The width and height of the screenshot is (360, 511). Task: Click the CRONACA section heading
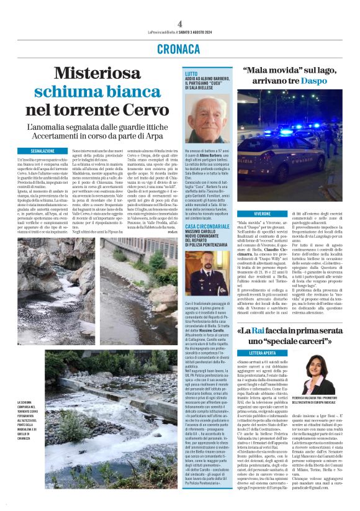[179, 50]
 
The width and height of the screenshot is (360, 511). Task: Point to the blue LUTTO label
[192, 74]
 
